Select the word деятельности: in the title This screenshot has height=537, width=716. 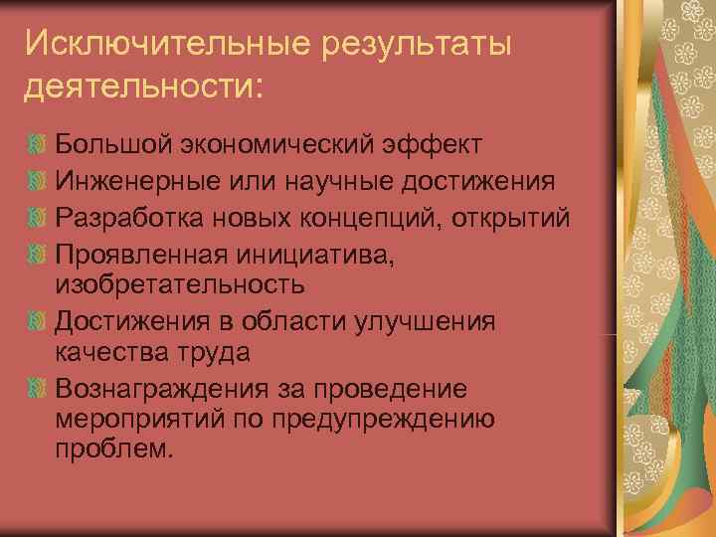(144, 87)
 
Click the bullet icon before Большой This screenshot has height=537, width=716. (38, 146)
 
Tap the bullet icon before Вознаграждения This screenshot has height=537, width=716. (38, 389)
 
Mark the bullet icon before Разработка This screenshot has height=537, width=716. (38, 216)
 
